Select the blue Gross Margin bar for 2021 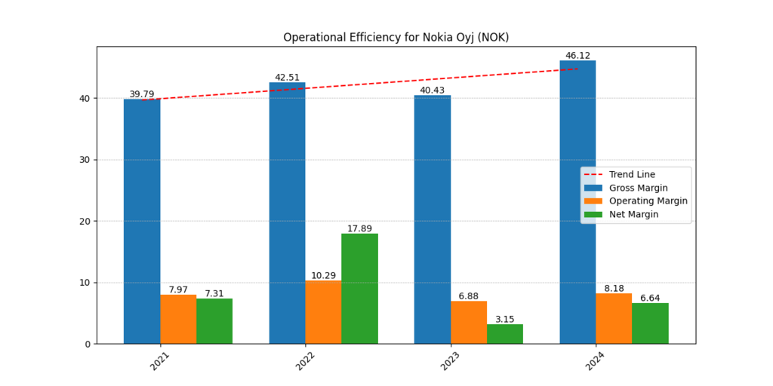142,222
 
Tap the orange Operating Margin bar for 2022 323,312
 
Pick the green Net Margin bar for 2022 359,289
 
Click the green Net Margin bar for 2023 505,334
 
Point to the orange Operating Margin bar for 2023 469,323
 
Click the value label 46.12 577,56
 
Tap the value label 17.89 359,228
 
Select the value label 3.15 505,319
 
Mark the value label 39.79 142,94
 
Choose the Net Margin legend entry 633,214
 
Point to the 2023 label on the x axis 451,361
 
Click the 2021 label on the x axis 160,361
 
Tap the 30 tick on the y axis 85,160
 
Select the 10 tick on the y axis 85,283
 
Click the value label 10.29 323,275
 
